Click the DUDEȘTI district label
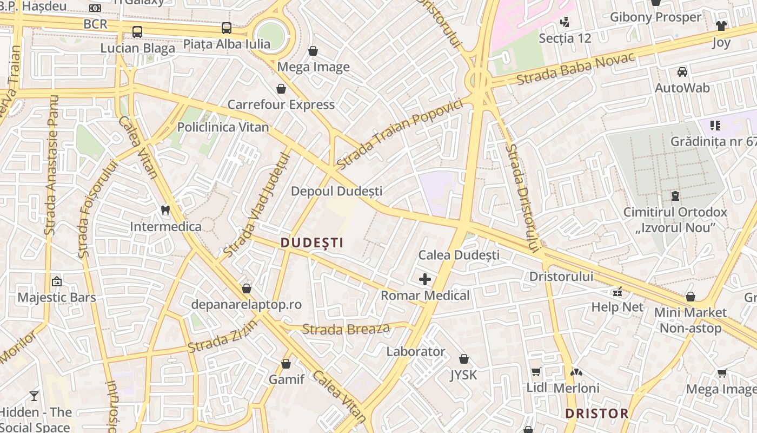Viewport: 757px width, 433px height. click(312, 243)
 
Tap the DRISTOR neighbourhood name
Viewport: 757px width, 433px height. click(597, 414)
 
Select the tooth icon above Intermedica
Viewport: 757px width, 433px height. click(166, 210)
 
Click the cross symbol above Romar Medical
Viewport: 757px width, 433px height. click(425, 279)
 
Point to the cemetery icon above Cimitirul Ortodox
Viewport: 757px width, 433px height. click(675, 195)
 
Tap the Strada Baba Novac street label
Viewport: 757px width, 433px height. click(575, 69)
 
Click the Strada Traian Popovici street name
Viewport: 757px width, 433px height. click(400, 134)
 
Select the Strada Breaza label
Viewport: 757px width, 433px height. click(346, 329)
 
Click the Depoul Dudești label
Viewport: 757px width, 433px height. click(336, 191)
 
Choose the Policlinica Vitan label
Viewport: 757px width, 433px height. click(223, 127)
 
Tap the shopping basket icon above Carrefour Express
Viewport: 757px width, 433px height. click(281, 88)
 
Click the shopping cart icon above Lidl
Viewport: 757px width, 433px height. click(536, 371)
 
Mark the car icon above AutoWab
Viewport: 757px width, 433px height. click(682, 71)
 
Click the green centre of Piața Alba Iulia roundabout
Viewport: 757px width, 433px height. click(270, 36)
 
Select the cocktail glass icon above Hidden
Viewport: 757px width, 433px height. click(34, 396)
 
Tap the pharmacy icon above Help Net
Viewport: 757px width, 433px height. click(617, 292)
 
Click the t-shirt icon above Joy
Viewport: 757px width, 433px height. click(721, 25)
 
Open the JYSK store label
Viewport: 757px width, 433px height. click(463, 375)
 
